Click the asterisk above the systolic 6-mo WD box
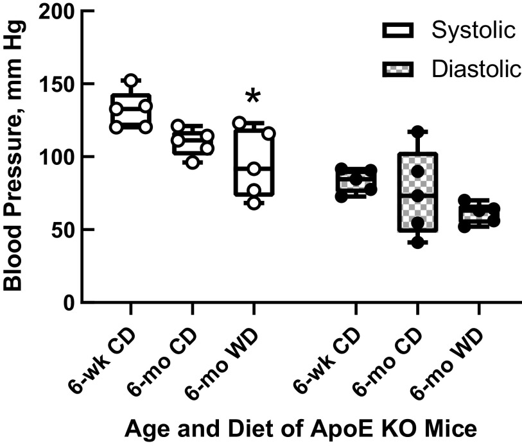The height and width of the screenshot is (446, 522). coord(254,97)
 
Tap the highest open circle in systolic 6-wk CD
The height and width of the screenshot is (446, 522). coord(131,80)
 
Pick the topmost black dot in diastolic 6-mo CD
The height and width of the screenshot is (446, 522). coord(417,132)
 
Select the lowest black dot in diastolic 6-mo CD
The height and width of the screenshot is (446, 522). coord(417,243)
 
